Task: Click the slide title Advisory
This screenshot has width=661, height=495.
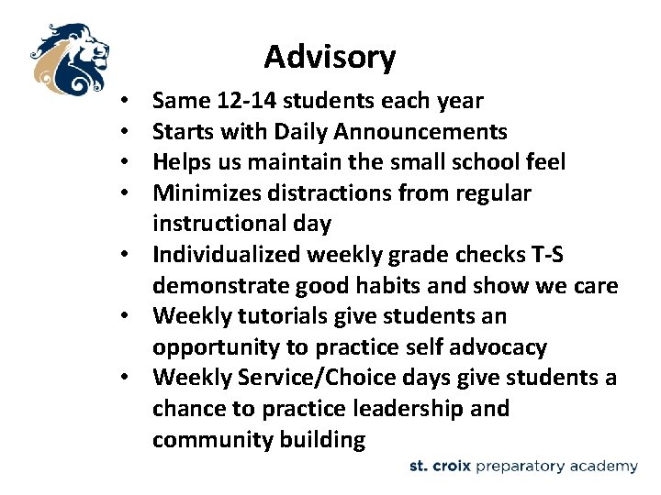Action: click(330, 57)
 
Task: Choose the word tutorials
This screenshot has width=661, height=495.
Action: click(279, 316)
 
